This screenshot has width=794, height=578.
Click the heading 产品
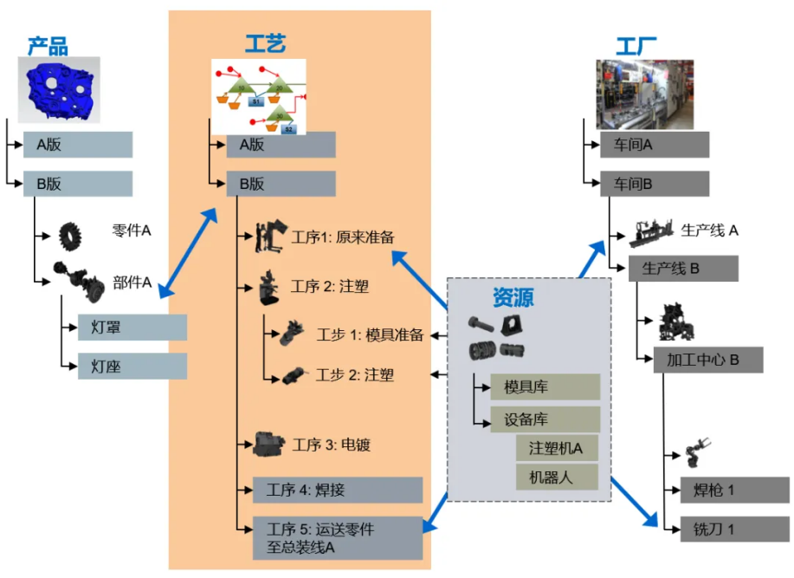(x=47, y=45)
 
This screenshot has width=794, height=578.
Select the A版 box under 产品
(x=77, y=145)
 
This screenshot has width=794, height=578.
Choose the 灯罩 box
(x=132, y=328)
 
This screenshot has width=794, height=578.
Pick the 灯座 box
(x=132, y=366)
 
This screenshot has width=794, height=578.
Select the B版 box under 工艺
(x=281, y=184)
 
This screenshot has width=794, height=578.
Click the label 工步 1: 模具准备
(x=370, y=335)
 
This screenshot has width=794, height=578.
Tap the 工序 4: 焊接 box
(x=337, y=490)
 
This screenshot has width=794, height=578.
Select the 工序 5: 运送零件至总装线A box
(x=337, y=537)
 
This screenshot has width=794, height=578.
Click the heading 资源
(x=513, y=298)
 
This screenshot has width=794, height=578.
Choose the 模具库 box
(x=545, y=386)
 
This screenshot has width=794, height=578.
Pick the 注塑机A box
(x=556, y=448)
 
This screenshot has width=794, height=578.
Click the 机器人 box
(x=556, y=476)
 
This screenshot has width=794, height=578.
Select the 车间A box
(x=654, y=145)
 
